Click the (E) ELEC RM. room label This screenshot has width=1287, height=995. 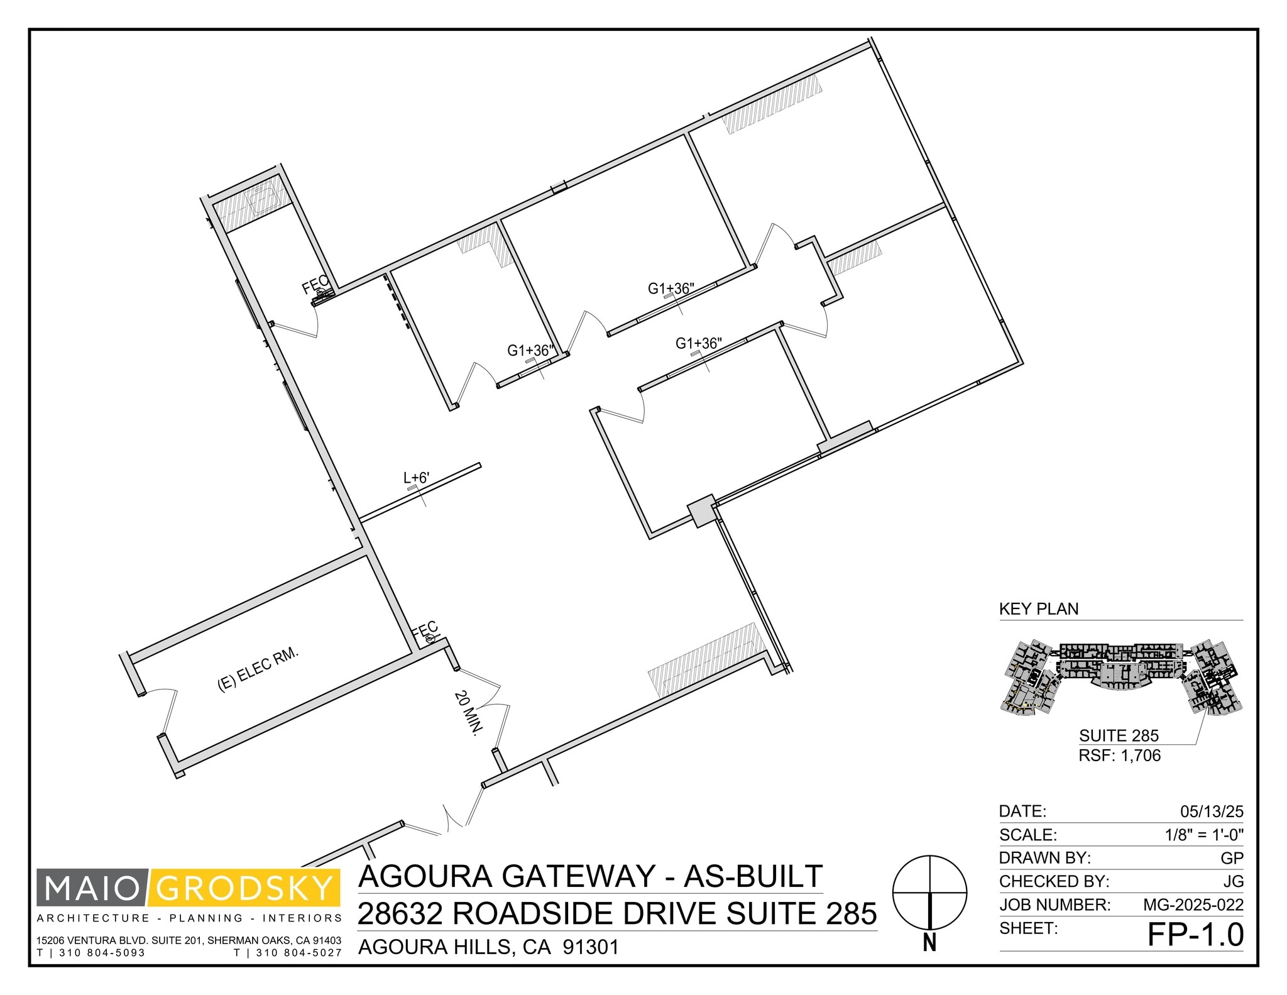258,670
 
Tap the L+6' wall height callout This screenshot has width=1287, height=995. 416,478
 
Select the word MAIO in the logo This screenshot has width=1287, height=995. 93,888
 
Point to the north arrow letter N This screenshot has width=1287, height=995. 930,943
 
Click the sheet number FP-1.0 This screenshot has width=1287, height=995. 1195,935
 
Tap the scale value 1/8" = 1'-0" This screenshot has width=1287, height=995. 1203,835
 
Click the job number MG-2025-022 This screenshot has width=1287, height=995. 1193,905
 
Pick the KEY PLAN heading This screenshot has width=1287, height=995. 1039,609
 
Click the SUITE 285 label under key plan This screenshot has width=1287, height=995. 1119,735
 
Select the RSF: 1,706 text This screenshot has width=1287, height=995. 1119,756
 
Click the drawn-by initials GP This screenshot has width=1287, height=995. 1232,859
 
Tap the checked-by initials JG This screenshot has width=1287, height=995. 1233,882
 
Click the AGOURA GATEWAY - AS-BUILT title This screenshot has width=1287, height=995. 590,876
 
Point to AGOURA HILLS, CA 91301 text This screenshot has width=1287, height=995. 488,947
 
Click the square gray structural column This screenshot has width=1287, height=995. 701,510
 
